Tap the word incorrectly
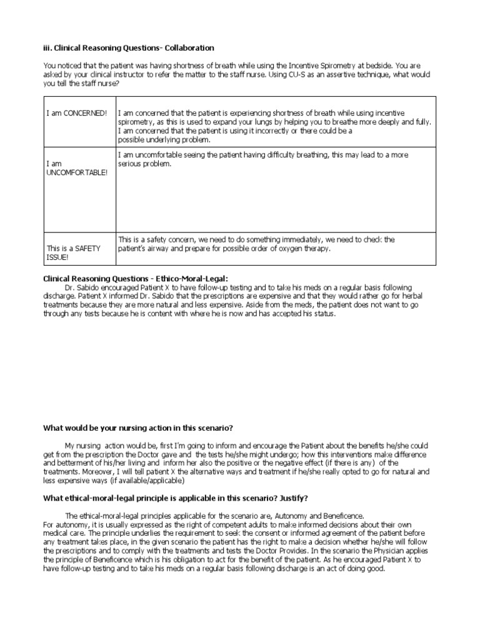click(x=276, y=131)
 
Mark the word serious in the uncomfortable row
click(x=131, y=163)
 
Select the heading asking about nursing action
click(x=137, y=428)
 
